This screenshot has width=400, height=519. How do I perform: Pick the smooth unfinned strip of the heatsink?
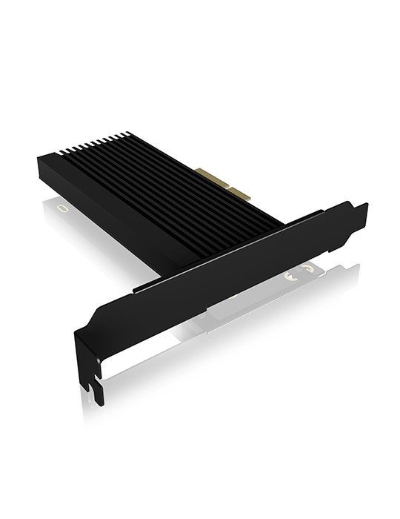(111, 200)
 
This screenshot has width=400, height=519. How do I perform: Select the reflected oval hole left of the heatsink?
(63, 209)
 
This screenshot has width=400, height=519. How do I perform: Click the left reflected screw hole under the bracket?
(290, 276)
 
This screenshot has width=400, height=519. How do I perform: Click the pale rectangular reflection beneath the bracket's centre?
(244, 311)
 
